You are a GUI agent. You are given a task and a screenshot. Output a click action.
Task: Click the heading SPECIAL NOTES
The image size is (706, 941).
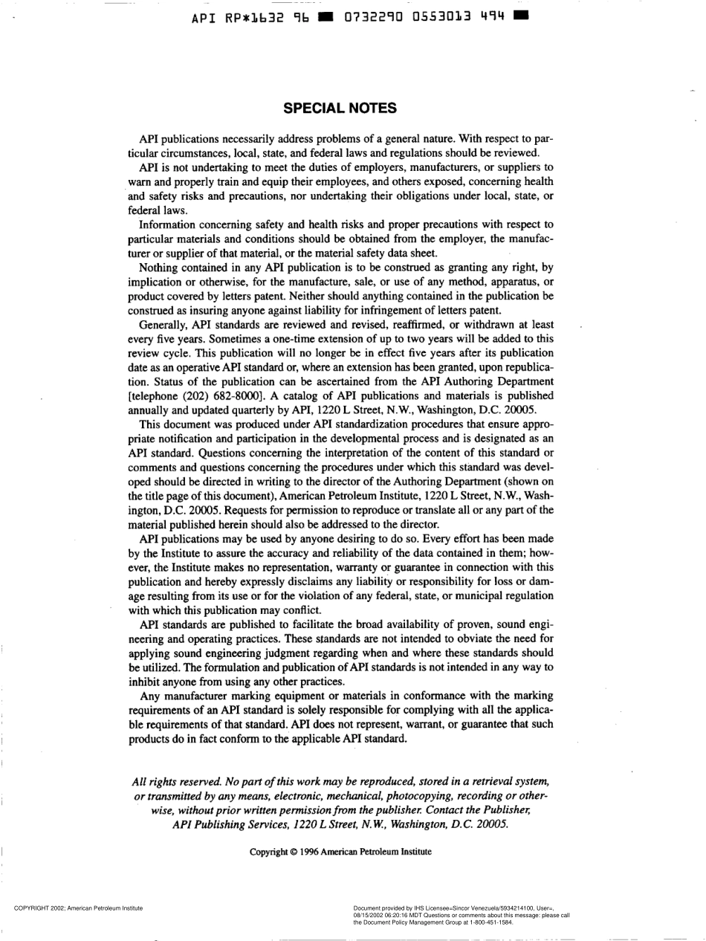[x=341, y=109]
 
